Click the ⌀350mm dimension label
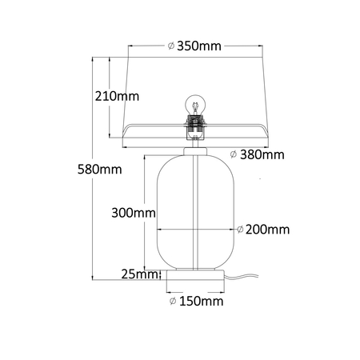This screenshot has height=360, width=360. point(194,46)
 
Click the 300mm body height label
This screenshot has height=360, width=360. point(132,213)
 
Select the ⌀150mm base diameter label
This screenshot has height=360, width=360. point(196,302)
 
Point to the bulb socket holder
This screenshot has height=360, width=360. point(194,124)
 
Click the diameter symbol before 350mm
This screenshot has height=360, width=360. point(172,46)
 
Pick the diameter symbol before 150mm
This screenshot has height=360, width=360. point(173,302)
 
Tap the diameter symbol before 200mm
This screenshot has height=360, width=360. point(241,230)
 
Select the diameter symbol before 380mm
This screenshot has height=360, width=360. point(232,153)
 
